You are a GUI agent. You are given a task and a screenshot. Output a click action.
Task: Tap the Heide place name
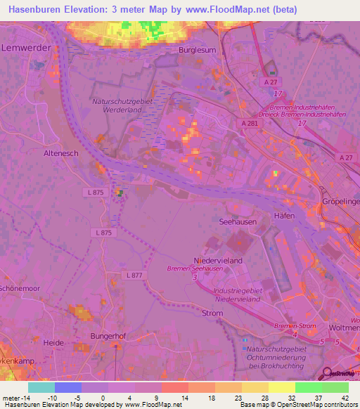click(x=55, y=342)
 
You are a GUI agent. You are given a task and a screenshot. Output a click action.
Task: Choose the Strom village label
click(x=212, y=313)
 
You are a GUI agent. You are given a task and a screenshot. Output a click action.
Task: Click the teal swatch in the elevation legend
click(x=41, y=387)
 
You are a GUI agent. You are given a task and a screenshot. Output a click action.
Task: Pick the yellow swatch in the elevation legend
click(x=281, y=387)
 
